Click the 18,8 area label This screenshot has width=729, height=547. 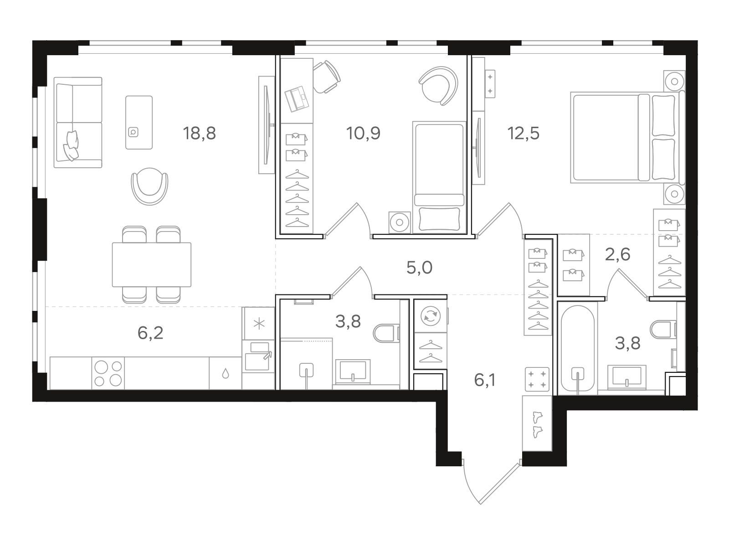click(x=199, y=133)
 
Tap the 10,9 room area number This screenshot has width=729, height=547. click(x=363, y=133)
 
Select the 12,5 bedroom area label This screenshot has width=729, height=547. click(x=524, y=133)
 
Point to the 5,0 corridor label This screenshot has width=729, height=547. click(x=419, y=268)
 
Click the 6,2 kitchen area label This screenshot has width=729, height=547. click(x=150, y=333)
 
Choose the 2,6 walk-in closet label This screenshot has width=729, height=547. click(x=617, y=255)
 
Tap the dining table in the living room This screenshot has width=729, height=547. click(x=151, y=264)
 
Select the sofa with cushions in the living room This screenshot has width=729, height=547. click(x=78, y=123)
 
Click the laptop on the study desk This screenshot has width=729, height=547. click(x=297, y=98)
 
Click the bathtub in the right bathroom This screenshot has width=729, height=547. click(x=578, y=349)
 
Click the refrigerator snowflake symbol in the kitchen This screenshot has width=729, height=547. click(x=259, y=324)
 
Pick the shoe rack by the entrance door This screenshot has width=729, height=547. click(x=537, y=423)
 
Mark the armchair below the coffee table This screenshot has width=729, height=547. click(x=149, y=186)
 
